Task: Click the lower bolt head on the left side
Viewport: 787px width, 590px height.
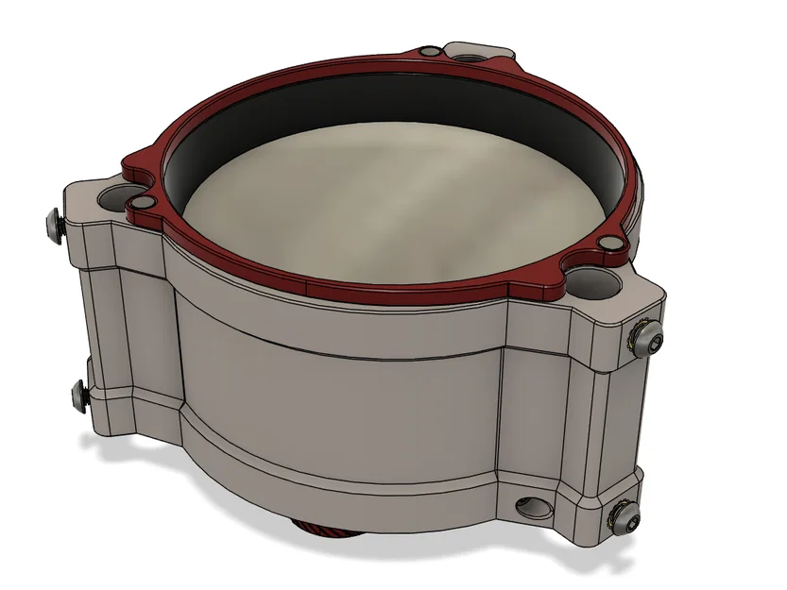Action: (77, 394)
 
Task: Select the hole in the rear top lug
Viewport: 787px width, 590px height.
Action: (467, 58)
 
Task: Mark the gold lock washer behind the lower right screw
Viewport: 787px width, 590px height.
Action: (615, 517)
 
